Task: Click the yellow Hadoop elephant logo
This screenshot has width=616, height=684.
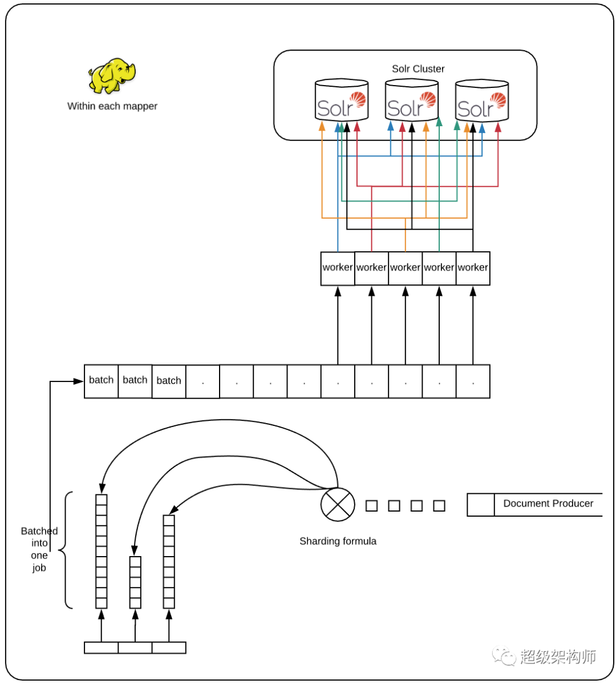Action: (x=112, y=76)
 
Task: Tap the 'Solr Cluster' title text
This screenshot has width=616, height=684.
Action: (x=418, y=69)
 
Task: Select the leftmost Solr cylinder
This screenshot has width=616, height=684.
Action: (x=342, y=100)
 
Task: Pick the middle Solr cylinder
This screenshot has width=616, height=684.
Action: (x=412, y=100)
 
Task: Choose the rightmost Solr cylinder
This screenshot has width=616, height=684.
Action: (x=482, y=100)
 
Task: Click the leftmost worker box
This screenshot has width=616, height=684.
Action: (x=338, y=268)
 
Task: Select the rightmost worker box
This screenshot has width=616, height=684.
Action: (x=473, y=268)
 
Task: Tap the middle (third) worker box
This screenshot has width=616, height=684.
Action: (x=405, y=268)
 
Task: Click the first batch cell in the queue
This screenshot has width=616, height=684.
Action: (x=101, y=381)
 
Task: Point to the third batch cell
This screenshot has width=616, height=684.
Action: (x=169, y=381)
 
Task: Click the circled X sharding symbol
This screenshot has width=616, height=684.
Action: (x=338, y=504)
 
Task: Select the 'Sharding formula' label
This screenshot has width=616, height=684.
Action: (x=338, y=541)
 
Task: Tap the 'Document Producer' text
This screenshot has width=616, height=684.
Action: (x=548, y=504)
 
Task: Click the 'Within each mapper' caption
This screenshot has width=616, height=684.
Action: (x=112, y=106)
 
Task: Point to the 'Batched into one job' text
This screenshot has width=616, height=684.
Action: (x=39, y=549)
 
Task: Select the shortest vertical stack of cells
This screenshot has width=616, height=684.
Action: (x=135, y=582)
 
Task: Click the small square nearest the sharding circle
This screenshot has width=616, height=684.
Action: (x=372, y=506)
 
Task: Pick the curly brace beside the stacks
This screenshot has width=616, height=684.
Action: (x=66, y=550)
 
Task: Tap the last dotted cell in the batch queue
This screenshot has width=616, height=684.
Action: (x=473, y=381)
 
